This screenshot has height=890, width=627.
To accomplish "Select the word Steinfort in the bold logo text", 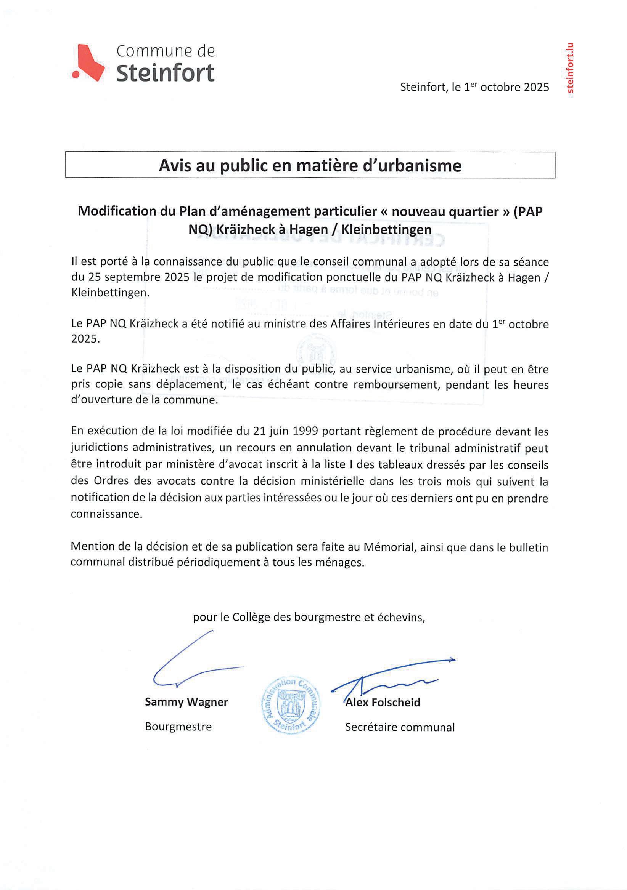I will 165,73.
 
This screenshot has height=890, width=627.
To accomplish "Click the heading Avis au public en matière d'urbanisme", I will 310,165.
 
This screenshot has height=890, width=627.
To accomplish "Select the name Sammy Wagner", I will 186,702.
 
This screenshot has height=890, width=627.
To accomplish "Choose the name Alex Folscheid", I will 383,703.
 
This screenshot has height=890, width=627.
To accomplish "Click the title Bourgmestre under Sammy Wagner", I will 178,727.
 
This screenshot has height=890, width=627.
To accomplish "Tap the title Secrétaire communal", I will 400,727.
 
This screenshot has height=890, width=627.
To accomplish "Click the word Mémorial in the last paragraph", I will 388,547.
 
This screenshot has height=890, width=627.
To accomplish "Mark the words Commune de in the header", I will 166,51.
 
